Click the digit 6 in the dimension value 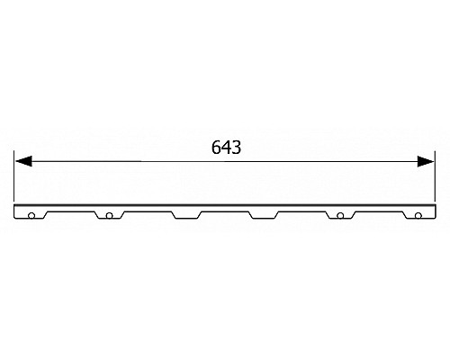[215, 148]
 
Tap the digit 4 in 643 [225, 148]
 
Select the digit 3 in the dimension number [235, 148]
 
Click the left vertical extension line [15, 180]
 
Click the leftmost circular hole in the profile [31, 216]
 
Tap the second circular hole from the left [109, 216]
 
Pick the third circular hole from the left [341, 216]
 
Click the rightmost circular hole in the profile [418, 216]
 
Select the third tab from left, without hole [185, 214]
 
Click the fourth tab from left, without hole [264, 214]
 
